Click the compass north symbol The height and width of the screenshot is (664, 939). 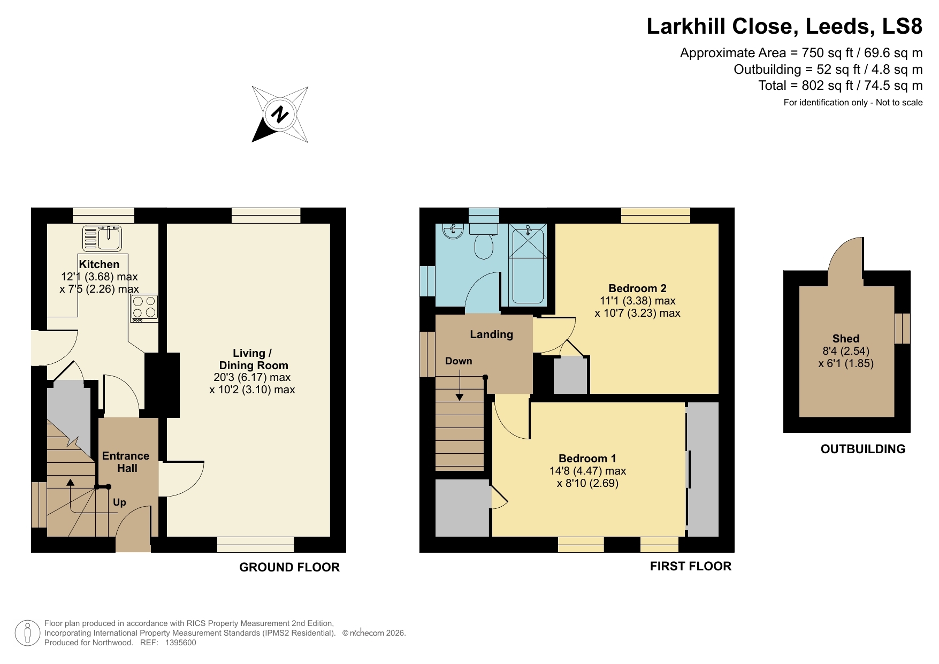[x=279, y=115]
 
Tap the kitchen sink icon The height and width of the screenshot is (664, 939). [x=103, y=238]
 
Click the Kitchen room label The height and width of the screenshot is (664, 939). [x=99, y=264]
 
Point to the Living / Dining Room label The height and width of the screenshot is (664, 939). [x=253, y=359]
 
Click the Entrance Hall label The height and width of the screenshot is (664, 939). [x=126, y=462]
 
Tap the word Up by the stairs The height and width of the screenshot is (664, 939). [x=119, y=502]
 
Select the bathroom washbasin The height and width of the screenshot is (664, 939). [x=453, y=231]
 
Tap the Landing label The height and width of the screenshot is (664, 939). [x=491, y=334]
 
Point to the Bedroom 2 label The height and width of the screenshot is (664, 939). [x=637, y=288]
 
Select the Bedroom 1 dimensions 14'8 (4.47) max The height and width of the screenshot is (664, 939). [x=587, y=471]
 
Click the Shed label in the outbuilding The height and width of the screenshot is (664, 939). [x=845, y=339]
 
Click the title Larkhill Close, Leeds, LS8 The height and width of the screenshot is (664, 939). [x=784, y=26]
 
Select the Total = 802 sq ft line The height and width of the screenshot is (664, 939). [x=840, y=86]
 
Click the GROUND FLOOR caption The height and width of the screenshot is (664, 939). [x=289, y=567]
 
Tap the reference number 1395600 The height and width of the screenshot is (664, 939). [x=181, y=643]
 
